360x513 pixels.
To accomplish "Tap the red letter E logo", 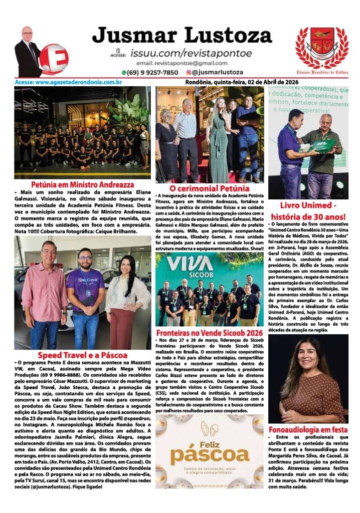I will point(54,59).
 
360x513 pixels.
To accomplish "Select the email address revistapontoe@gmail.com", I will point(182,63).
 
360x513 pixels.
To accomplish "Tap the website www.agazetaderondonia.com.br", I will point(69,82).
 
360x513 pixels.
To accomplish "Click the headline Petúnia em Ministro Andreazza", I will point(82,184).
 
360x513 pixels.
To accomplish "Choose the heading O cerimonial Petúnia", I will point(209,188).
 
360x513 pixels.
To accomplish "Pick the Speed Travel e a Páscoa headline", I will point(82,356).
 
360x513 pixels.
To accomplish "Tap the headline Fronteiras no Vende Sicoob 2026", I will point(209,333).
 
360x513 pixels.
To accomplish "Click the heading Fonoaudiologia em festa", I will point(308,430).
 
